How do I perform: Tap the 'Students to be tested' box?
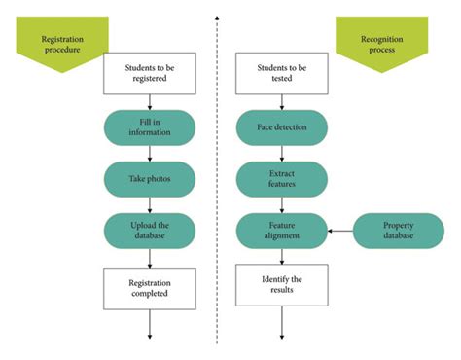pos(282,74)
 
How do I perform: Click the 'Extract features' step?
pos(282,180)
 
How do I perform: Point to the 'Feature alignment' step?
pos(282,231)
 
